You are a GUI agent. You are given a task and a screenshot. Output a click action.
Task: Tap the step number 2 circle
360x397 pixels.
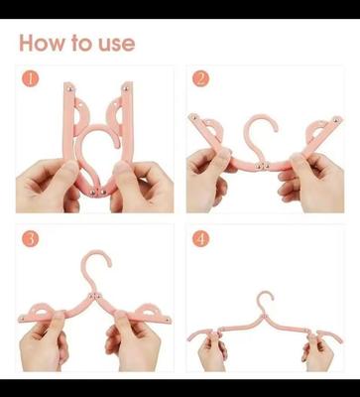(201, 78)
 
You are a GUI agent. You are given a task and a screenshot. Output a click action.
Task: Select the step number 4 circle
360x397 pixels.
(201, 239)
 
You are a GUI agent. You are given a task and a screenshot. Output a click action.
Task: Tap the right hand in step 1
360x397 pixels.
(134, 184)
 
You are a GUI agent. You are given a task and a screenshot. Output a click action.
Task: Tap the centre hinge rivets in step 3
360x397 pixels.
(94, 297)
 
